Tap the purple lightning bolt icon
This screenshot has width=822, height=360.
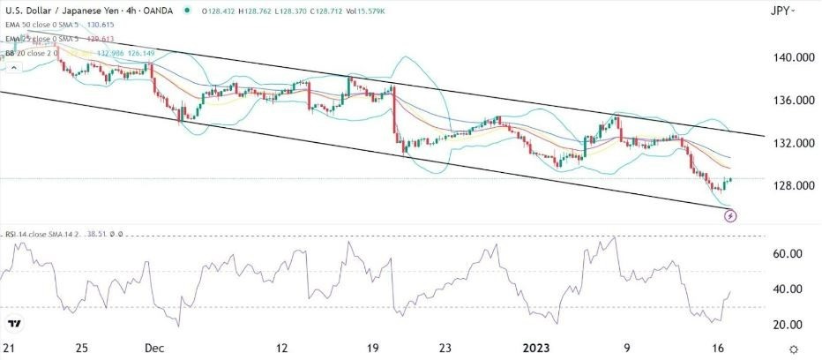(x=730, y=215)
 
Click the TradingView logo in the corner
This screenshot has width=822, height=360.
(x=15, y=325)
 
